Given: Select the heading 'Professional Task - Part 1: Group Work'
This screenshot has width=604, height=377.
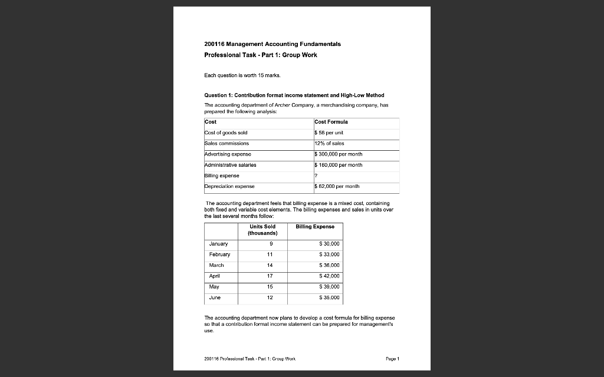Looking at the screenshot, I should coord(260,55).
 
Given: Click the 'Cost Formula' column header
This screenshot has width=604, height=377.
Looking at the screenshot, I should coord(331,122).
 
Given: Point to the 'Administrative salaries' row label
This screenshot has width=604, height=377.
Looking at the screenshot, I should coord(230,165).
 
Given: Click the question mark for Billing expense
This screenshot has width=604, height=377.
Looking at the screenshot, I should coord(316,176).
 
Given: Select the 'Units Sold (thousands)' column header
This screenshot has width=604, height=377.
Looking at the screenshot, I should coord(262,230).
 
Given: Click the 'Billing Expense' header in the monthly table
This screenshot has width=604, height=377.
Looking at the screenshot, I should coord(315,226).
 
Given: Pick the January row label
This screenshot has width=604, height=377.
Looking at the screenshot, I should coord(218,243).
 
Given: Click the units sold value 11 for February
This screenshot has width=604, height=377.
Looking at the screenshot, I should coord(270,254).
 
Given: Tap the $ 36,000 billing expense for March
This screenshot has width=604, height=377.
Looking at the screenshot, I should coord(329,265).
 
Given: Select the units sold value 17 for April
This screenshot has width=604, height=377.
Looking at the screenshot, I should coord(270,276).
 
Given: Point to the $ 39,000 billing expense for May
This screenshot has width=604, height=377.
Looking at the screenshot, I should coord(329,287).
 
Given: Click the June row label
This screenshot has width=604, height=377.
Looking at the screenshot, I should coord(215,297).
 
